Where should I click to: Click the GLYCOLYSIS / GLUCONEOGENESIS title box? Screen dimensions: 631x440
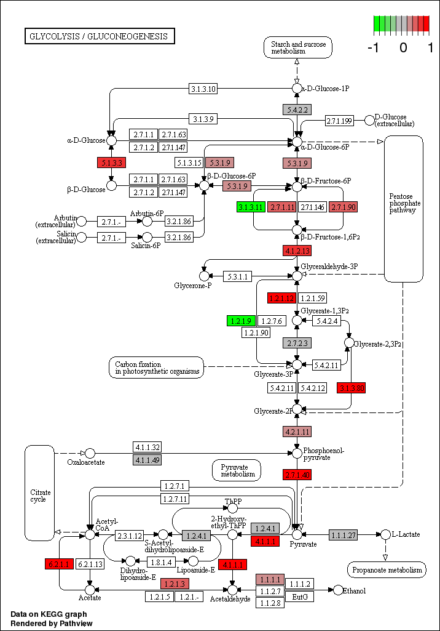tap(100, 36)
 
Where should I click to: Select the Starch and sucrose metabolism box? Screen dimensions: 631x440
tap(297, 47)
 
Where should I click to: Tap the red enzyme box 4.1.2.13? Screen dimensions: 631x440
tap(297, 251)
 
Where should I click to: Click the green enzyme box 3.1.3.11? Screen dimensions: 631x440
tap(251, 207)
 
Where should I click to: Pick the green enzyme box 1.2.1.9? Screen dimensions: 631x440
tap(241, 321)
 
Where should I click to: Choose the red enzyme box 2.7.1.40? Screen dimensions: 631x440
tap(297, 475)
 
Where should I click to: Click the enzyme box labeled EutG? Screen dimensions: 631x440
tap(300, 596)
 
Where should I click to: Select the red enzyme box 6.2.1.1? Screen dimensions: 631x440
tap(60, 563)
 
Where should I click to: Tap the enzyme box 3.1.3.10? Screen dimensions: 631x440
tap(203, 89)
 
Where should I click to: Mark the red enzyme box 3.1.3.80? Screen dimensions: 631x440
tap(352, 388)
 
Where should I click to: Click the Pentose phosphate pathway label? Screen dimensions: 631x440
tap(404, 203)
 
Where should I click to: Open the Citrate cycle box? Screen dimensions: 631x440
tap(40, 492)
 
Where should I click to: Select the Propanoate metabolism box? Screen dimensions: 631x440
tap(387, 570)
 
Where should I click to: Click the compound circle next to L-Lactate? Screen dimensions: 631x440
tap(385, 534)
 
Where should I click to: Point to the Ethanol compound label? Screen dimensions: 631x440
tap(355, 591)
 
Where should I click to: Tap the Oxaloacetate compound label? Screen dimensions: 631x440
tap(85, 462)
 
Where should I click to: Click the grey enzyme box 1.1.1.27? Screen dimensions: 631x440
tap(344, 534)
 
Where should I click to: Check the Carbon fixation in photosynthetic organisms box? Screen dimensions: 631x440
tap(157, 368)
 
